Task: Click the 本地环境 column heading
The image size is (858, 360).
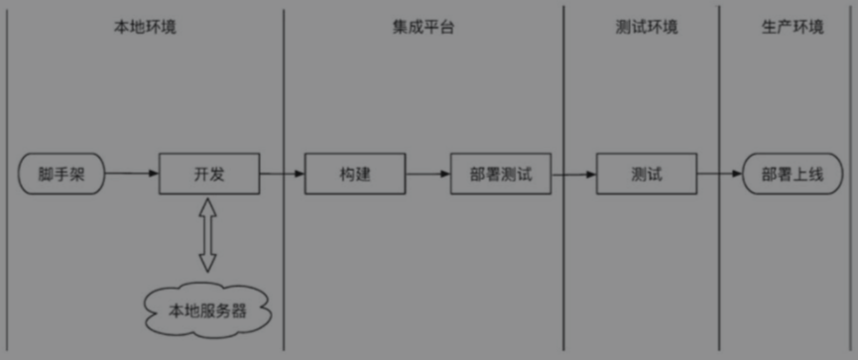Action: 145,27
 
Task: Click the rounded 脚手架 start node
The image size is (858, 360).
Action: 61,174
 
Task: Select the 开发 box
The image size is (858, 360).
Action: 209,174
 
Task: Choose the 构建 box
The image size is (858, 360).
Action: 354,174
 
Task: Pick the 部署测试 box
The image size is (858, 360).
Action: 501,174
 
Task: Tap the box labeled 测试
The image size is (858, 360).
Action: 647,174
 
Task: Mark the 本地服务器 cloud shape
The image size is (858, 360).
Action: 207,308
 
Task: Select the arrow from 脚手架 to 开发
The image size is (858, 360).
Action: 132,174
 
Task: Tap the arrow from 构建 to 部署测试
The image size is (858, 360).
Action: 428,174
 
